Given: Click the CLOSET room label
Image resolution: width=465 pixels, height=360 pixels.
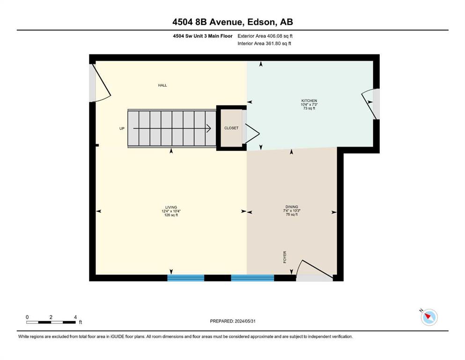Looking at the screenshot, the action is (231, 128).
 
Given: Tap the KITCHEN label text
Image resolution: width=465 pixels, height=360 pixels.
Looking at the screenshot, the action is (309, 101).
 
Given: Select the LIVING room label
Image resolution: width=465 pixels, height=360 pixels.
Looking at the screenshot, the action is (171, 207).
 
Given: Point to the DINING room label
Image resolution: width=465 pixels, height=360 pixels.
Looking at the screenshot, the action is (292, 207).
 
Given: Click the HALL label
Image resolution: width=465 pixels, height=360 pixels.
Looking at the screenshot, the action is (162, 85).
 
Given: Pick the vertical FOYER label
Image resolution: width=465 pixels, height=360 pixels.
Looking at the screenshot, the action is (285, 257).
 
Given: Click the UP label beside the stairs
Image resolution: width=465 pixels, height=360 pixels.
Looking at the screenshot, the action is (122, 128).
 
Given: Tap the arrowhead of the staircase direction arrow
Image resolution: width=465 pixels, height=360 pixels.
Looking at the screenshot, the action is (209, 128).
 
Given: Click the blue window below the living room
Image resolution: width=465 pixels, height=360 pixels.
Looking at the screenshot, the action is (186, 278).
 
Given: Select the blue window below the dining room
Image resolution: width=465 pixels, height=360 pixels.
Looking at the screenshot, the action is (252, 278).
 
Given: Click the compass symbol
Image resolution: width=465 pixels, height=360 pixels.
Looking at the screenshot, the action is (429, 317).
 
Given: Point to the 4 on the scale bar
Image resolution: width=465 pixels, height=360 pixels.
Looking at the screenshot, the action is (75, 317).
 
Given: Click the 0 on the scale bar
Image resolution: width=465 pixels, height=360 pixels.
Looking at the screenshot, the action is (27, 317).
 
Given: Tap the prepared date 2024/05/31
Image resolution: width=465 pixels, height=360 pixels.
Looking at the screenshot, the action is (245, 321).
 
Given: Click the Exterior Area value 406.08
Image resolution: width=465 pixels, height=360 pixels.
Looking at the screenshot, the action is (274, 36).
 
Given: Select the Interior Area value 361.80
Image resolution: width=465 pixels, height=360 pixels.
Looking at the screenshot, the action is (273, 43).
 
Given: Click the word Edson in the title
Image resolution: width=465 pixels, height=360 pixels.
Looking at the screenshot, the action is (260, 22).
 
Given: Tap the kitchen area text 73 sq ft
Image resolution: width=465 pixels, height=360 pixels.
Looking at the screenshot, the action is (309, 108).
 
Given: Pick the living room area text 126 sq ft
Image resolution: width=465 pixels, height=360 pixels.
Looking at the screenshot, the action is (171, 215).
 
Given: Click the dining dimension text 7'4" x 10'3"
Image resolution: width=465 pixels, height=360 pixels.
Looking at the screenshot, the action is (292, 210).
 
